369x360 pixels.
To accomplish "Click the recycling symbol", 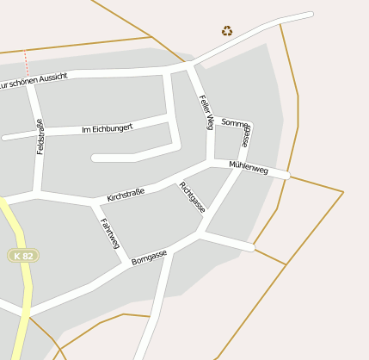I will coord(227,31).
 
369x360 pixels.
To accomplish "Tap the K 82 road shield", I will coord(22,256).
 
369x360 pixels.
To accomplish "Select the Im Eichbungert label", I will coord(107,128).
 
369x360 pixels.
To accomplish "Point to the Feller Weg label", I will coord(206,112).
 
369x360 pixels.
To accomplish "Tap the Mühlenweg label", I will coord(249,169).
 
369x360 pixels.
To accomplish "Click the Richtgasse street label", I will coord(193,197).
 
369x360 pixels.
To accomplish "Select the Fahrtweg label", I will coord(110,235).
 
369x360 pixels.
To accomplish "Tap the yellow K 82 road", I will coord(23,293).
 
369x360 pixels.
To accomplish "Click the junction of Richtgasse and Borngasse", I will coord(202,233).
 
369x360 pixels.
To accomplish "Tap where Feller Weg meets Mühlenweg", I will coord(212,160).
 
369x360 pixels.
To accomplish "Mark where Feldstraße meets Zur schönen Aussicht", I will coord(31,84).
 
